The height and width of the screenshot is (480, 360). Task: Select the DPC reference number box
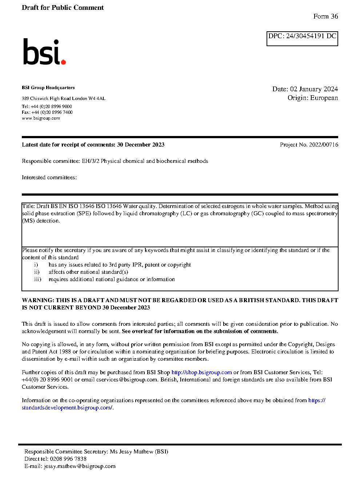click(302, 38)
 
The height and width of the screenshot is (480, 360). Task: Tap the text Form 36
click(325, 16)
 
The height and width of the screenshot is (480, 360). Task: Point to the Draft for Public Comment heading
click(63, 8)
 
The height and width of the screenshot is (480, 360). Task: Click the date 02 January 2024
click(314, 89)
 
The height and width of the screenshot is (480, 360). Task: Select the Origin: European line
click(312, 98)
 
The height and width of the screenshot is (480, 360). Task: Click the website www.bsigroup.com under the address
click(41, 118)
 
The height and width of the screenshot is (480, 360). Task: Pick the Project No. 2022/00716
click(309, 145)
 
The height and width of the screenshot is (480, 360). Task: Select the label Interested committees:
click(49, 177)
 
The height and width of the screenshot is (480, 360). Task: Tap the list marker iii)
click(37, 279)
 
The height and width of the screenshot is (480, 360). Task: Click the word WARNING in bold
click(38, 300)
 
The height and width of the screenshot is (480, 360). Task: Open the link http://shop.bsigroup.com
click(201, 372)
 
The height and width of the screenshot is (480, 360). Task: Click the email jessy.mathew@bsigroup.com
click(80, 466)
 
